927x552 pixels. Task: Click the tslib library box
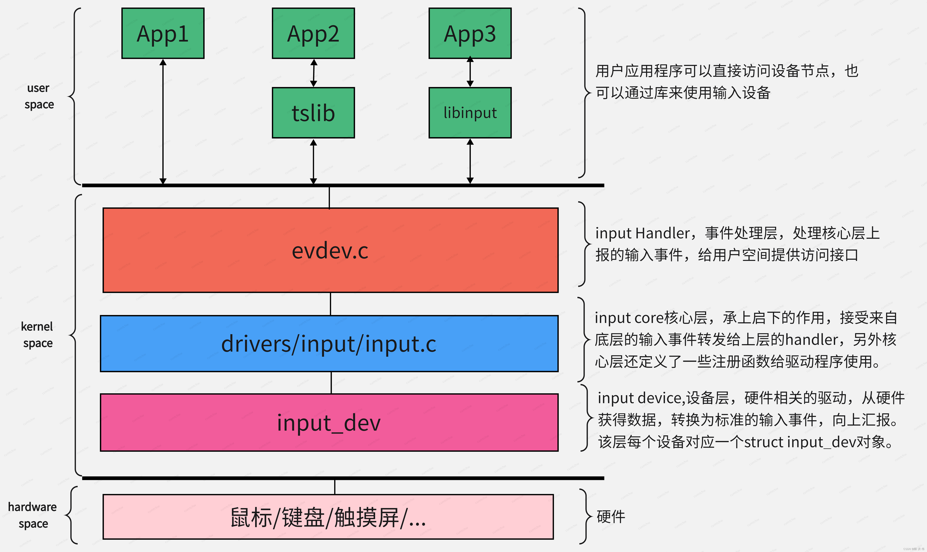[x=313, y=113]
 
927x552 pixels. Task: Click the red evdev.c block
[x=330, y=250]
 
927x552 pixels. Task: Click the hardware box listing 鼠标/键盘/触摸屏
[x=328, y=517]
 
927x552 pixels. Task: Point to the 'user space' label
[x=39, y=96]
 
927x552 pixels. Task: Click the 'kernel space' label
[x=37, y=334]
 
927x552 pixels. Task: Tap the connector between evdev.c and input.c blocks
[x=330, y=304]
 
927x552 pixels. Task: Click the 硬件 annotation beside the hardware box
[x=610, y=517]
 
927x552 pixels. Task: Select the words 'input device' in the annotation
[x=640, y=398]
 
